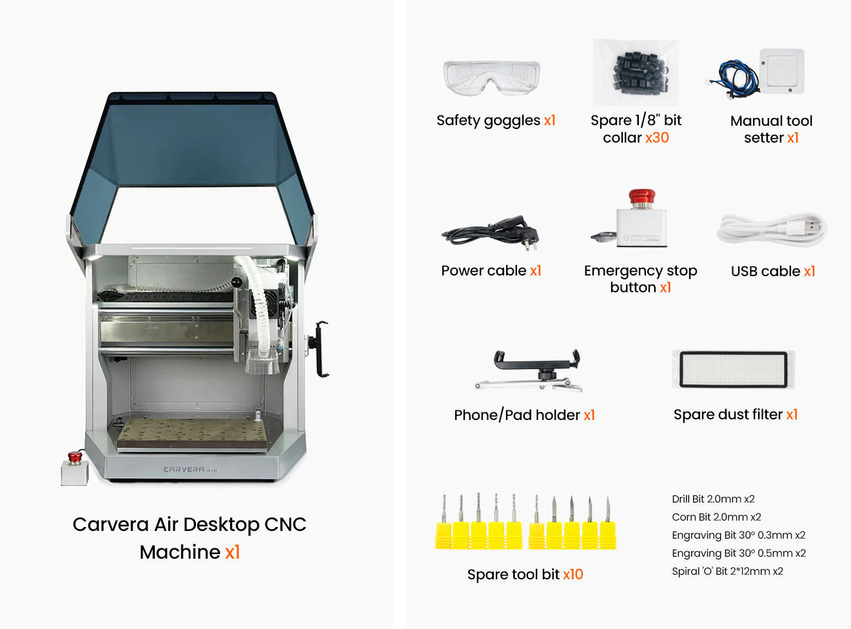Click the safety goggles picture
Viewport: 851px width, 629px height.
coord(491,78)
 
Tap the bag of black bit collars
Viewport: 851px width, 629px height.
coord(637,71)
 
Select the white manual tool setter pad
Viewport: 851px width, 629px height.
coord(782,71)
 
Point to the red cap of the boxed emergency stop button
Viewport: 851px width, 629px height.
coord(641,195)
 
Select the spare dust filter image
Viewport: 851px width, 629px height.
coord(734,370)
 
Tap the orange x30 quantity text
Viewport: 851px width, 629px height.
coord(657,138)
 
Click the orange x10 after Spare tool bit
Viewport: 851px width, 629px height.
coord(572,574)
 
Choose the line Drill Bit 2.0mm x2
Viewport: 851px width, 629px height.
coord(713,499)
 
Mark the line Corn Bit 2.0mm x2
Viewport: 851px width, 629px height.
coord(716,517)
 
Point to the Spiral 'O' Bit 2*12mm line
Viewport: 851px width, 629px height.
coord(727,571)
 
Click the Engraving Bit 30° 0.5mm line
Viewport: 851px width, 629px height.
coord(738,553)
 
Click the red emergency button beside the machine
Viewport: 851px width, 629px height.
coord(75,457)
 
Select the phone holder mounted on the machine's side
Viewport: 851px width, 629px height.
coord(320,348)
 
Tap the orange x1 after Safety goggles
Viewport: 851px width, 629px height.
coord(549,121)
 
